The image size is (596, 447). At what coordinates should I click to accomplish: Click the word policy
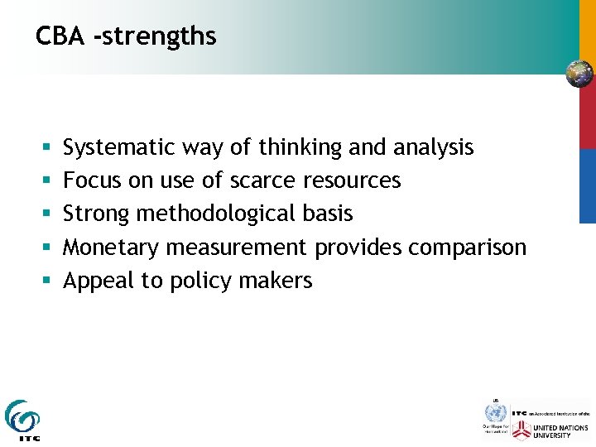point(199,281)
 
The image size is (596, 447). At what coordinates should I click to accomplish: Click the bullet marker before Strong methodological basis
point(44,214)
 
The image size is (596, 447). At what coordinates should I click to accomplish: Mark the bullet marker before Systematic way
point(44,148)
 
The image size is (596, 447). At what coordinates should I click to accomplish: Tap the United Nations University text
point(562,430)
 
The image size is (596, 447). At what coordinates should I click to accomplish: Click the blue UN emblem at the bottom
point(495,412)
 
